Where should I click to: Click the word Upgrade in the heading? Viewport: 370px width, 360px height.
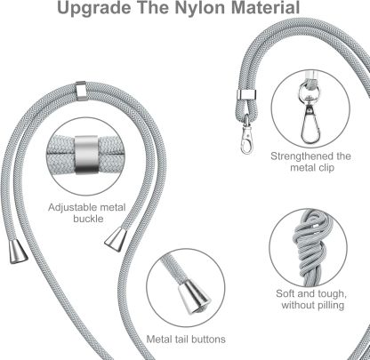point(94,8)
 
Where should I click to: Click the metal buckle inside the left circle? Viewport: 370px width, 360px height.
point(86,155)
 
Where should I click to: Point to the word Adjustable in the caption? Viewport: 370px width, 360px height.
point(69,207)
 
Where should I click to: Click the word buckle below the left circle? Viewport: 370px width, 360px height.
point(88,219)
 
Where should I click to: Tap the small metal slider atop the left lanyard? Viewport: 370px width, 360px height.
point(81,91)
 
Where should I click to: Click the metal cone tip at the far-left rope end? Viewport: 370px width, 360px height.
point(18,252)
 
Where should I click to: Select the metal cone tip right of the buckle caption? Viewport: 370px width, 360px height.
point(116,239)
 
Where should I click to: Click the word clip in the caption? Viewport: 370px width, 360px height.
point(326,167)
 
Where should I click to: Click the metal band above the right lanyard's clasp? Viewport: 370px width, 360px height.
point(246,95)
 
